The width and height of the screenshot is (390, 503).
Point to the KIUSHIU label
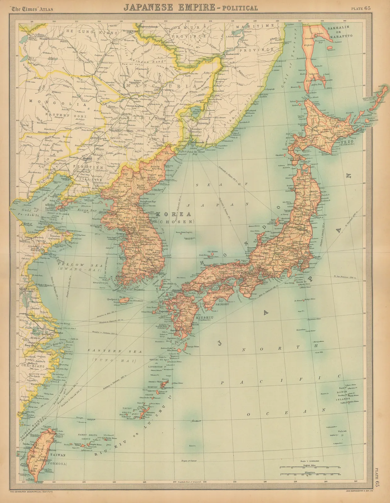[x=204, y=318]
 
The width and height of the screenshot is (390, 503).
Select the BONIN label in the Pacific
[x=342, y=392]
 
